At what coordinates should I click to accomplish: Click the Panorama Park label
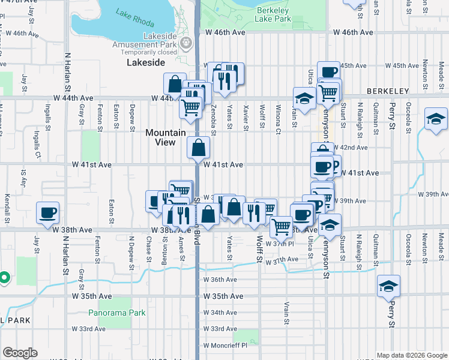pyautogui.click(x=117, y=313)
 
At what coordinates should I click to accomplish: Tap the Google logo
pyautogui.click(x=20, y=353)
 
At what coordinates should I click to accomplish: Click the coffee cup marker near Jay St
pyautogui.click(x=47, y=212)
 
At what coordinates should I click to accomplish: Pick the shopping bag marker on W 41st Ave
pyautogui.click(x=198, y=148)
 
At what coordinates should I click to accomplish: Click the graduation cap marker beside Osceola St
pyautogui.click(x=435, y=118)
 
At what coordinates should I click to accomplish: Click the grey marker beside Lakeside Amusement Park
pyautogui.click(x=187, y=43)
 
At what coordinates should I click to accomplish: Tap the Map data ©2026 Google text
pyautogui.click(x=411, y=355)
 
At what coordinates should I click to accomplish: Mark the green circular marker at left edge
pyautogui.click(x=4, y=277)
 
